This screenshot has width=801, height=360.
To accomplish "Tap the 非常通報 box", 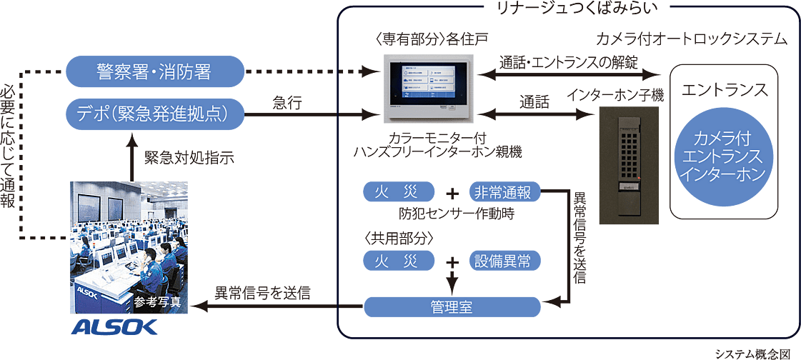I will point(504,191).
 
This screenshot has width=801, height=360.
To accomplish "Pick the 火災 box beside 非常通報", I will point(397,191).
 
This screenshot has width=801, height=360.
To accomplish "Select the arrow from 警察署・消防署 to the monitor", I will point(314,71).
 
